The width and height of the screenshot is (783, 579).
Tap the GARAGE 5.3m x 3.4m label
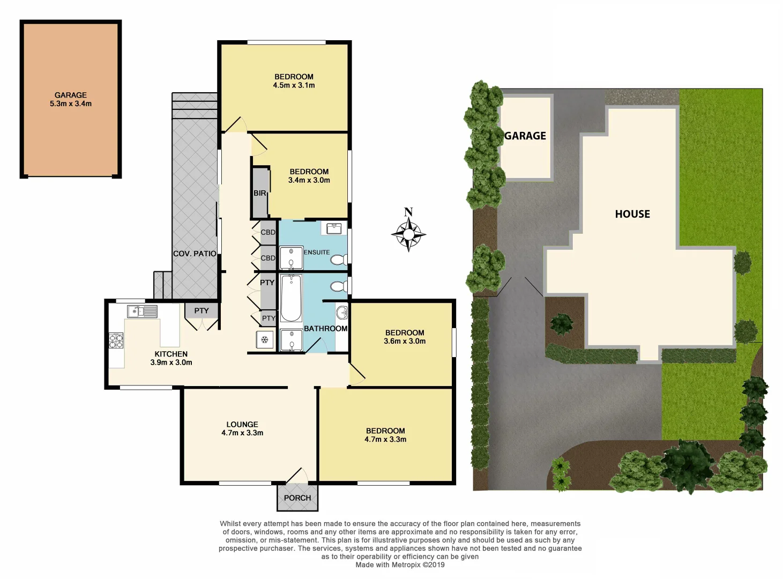coord(71,99)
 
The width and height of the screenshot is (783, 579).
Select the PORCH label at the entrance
coord(297,498)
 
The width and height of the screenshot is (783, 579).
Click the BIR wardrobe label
coord(260,193)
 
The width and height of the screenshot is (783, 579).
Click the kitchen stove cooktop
coord(116,340)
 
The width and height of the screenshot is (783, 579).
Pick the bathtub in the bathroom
coord(291,298)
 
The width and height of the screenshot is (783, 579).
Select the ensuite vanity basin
coord(334,228)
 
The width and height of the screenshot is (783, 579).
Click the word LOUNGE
coord(242,424)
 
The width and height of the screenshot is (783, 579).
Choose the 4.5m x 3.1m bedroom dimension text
coord(294,85)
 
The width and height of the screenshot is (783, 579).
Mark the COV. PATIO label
coord(195,254)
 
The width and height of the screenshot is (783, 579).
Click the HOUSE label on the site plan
coord(632,214)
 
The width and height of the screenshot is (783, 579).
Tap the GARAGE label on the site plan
coord(525,136)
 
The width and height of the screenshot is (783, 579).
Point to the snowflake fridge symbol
coord(264,339)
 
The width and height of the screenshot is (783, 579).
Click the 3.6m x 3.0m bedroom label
coord(405,341)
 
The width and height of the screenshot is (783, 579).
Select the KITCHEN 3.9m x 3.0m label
coord(171,358)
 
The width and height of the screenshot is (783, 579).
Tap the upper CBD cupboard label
coord(268,232)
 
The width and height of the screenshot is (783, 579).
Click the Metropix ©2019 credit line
coord(400,565)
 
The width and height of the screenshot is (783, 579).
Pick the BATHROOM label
coord(325,329)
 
